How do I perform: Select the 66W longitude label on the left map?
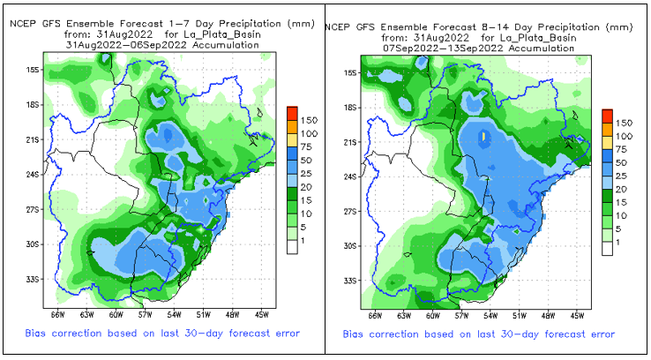point(58,313)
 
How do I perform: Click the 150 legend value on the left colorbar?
point(311,118)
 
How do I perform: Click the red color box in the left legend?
point(292,115)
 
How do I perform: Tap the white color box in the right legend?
point(607,249)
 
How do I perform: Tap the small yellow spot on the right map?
point(483,137)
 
